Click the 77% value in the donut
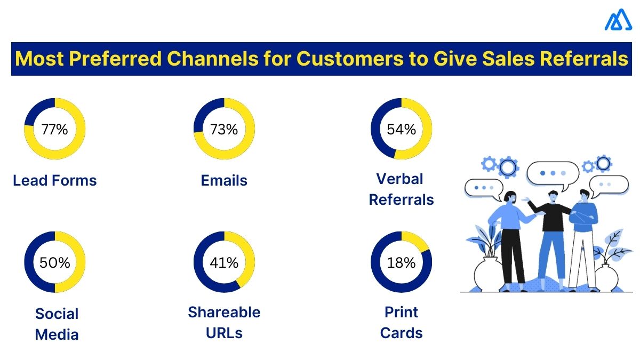(x=54, y=129)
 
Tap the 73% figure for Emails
(x=224, y=129)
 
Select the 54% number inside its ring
(x=401, y=129)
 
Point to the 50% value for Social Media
(x=54, y=262)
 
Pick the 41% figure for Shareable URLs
(x=224, y=262)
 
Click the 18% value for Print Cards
(x=401, y=262)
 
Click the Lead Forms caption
(x=54, y=180)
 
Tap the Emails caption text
(x=224, y=180)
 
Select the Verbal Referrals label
(x=401, y=189)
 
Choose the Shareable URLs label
(x=224, y=323)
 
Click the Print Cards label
(x=401, y=323)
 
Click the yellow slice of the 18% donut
(x=415, y=240)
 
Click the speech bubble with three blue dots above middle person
(x=553, y=173)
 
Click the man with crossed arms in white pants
(x=582, y=235)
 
